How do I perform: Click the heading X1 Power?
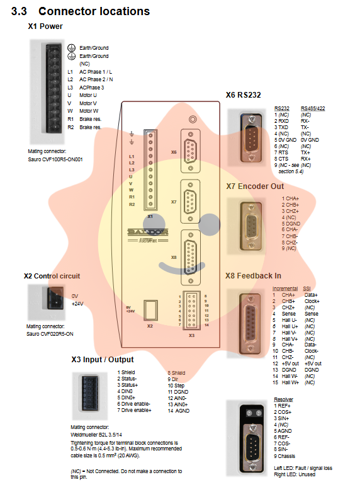tap(45, 26)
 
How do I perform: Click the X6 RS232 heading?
tap(244, 94)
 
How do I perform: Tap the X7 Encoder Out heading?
tap(255, 186)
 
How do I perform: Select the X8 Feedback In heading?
tap(253, 276)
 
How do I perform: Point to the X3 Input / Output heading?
tap(102, 360)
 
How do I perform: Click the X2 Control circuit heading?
tap(52, 276)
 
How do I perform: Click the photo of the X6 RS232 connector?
tap(251, 138)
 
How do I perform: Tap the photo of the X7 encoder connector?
tap(250, 227)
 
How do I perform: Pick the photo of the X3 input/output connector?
tap(90, 396)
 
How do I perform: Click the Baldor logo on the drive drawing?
tap(148, 232)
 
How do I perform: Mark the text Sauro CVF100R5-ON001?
tap(55, 159)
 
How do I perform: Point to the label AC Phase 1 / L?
tap(96, 72)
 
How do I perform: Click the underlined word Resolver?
tap(283, 399)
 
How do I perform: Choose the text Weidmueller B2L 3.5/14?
tap(96, 435)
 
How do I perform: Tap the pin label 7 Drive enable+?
tap(134, 410)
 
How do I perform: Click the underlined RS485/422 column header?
tap(313, 108)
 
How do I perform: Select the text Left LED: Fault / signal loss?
tap(303, 468)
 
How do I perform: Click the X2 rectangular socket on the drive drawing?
tap(150, 311)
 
